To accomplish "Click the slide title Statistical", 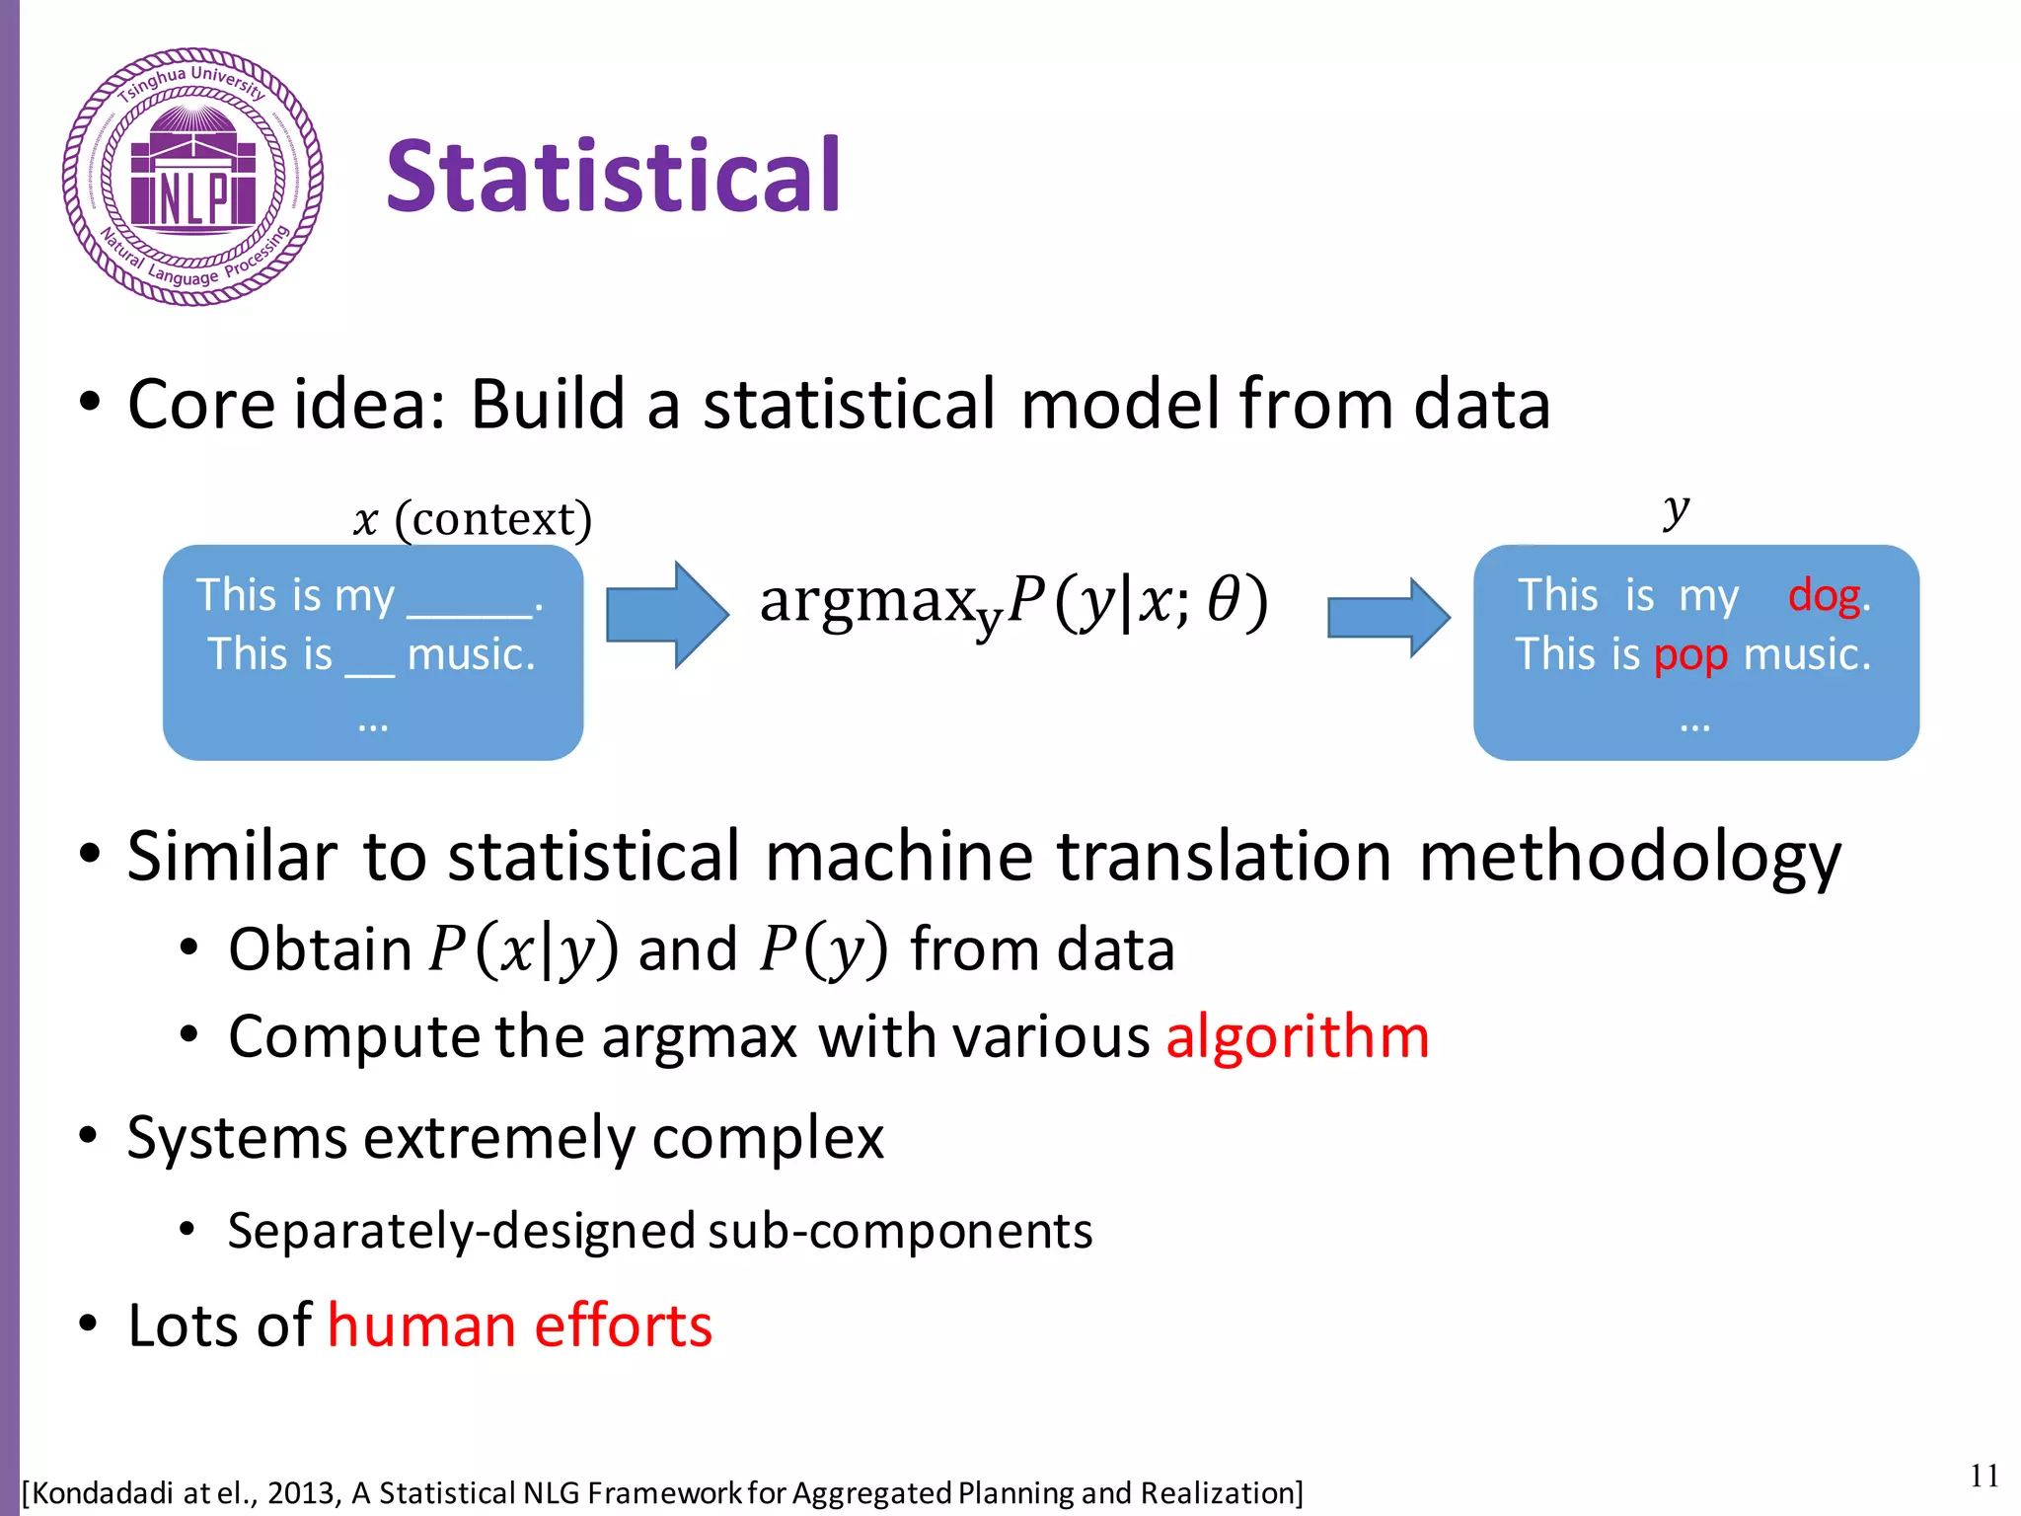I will pos(612,178).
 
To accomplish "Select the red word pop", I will pos(1690,656).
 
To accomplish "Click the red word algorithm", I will pos(1297,1037).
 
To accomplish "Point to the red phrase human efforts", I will pos(519,1326).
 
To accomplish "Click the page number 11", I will pos(1984,1476).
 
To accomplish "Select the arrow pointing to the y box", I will pos(1387,617).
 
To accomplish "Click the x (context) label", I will pos(472,519).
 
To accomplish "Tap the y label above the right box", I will pos(1676,510).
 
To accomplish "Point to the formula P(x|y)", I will pos(523,949).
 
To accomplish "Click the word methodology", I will pos(1629,857).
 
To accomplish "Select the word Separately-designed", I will pos(462,1232).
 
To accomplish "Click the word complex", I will pos(767,1139).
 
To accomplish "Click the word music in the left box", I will pos(470,655).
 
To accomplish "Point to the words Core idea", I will pos(285,405).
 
